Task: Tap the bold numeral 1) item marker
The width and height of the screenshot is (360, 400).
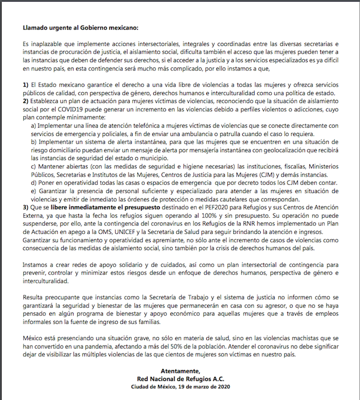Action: (26, 84)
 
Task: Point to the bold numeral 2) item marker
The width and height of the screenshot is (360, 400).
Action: (26, 100)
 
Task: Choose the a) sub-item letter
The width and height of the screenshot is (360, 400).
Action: (34, 126)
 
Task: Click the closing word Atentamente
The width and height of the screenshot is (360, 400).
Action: (179, 371)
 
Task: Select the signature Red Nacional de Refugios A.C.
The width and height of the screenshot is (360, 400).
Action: (180, 379)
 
